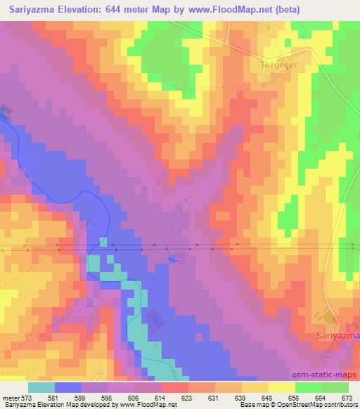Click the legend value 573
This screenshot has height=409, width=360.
click(27, 397)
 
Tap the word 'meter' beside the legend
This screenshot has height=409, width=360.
click(10, 397)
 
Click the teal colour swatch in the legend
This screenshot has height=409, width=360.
click(41, 387)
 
